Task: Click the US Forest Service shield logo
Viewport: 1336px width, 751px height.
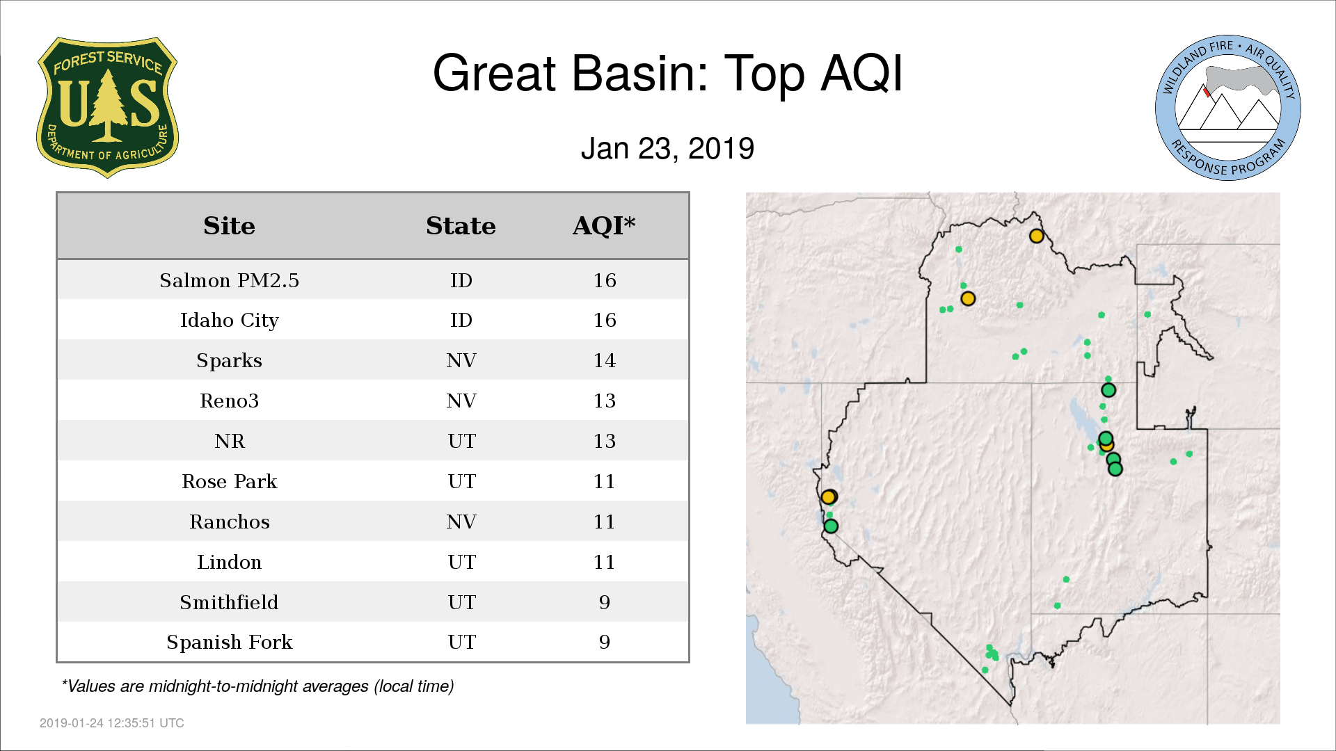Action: (x=107, y=107)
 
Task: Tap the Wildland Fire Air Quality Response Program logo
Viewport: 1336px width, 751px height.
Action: (x=1228, y=108)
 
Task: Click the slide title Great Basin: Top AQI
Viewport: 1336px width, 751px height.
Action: (x=668, y=73)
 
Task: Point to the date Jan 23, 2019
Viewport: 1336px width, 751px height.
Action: (x=667, y=148)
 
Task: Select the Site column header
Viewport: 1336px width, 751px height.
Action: (x=229, y=226)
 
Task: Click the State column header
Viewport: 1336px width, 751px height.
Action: (x=461, y=226)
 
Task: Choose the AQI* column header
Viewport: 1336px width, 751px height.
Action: (x=604, y=225)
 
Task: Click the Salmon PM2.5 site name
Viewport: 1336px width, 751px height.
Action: (x=229, y=280)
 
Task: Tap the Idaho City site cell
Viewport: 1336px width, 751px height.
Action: (x=229, y=321)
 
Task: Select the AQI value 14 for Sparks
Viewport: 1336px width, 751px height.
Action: (x=604, y=360)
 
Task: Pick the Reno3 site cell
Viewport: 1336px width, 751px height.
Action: (x=229, y=401)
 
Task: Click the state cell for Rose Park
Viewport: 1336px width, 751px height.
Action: (x=461, y=481)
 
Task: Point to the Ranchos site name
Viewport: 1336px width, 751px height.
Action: (x=229, y=522)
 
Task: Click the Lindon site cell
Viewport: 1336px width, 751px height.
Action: (x=229, y=562)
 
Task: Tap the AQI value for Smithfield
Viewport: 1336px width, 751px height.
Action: (x=604, y=602)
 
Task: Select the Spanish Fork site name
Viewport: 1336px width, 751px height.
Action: (x=229, y=643)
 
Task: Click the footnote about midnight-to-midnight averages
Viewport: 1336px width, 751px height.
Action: (x=257, y=686)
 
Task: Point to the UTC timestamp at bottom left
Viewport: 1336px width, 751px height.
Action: (x=112, y=723)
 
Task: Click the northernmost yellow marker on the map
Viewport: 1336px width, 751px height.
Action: (x=1036, y=236)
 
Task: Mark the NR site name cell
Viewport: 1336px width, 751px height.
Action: (x=229, y=441)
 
